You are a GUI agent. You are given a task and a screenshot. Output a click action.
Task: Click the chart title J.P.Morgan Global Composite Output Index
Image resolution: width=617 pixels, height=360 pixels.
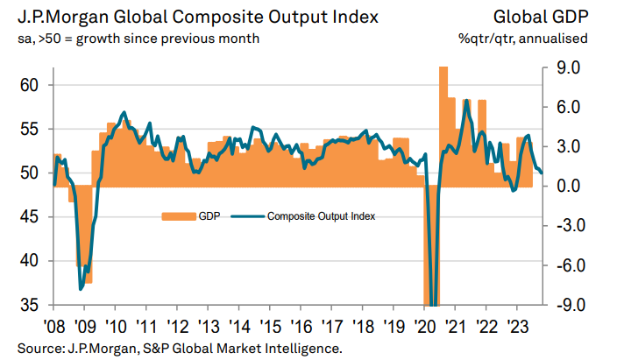pos(183,16)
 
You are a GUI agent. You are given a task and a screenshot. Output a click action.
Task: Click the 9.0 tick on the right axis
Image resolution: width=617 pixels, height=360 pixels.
pos(564,67)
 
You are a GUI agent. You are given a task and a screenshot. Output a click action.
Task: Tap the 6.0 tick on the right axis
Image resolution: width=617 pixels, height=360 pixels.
pos(564,107)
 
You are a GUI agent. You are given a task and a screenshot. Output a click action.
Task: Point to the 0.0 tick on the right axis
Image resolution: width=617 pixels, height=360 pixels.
pos(564,187)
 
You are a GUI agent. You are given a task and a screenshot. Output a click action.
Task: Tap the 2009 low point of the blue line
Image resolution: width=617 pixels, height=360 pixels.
pos(82,288)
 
